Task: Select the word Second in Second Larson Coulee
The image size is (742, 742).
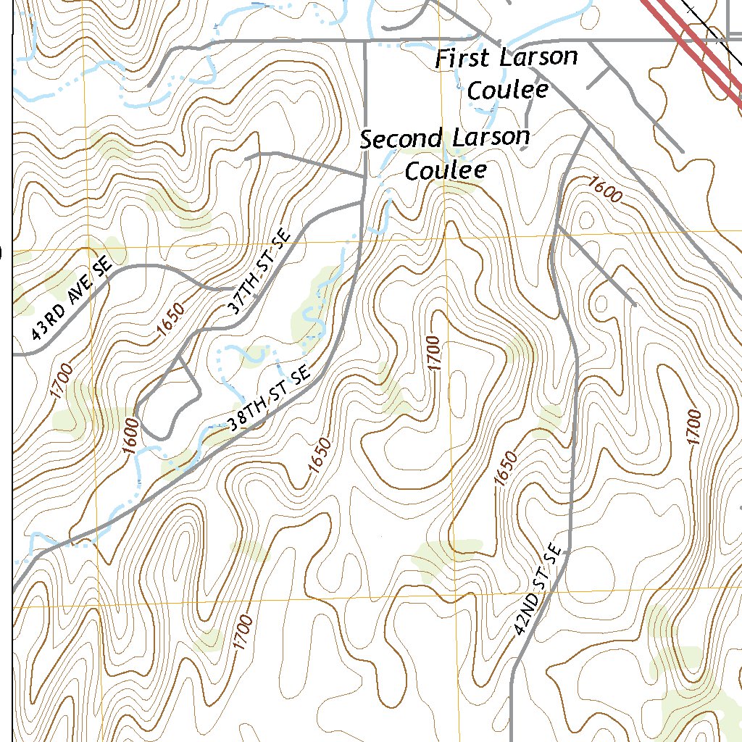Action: [x=401, y=138]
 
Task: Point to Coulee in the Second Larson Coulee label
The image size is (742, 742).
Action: [x=445, y=171]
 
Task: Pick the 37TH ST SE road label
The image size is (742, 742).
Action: [x=258, y=272]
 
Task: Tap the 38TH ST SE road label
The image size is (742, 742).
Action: [x=269, y=401]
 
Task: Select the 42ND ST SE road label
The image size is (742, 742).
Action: [x=538, y=590]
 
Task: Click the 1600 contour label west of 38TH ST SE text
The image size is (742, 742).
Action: [x=130, y=435]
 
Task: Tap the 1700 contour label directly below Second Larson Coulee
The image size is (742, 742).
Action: [x=433, y=353]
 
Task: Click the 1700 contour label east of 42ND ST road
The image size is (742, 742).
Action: [x=693, y=428]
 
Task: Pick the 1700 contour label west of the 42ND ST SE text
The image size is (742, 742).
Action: [x=243, y=633]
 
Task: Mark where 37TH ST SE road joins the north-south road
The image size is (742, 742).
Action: [x=362, y=203]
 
